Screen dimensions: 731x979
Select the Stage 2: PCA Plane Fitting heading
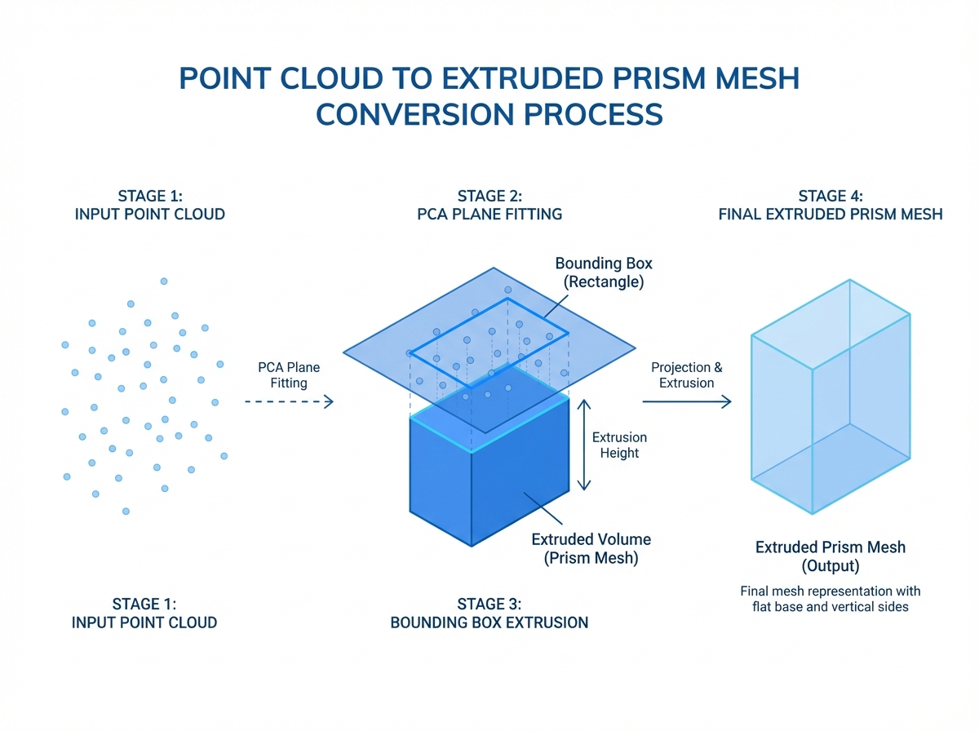tap(489, 205)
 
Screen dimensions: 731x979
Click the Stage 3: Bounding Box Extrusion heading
tap(489, 614)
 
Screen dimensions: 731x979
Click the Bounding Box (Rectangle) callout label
tap(604, 273)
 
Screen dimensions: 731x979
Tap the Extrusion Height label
tap(619, 445)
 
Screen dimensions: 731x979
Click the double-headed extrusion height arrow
tap(583, 445)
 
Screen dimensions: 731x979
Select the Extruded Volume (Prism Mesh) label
tap(591, 549)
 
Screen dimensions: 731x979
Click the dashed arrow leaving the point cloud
tap(289, 401)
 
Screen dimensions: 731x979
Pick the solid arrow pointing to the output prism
tap(686, 401)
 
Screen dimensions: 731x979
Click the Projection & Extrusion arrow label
tap(686, 375)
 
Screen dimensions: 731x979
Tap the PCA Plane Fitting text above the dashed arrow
tap(289, 375)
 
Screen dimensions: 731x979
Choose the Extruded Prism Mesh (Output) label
tap(830, 556)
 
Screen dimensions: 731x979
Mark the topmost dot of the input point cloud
tap(164, 281)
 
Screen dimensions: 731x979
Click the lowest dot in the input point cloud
tap(126, 511)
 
